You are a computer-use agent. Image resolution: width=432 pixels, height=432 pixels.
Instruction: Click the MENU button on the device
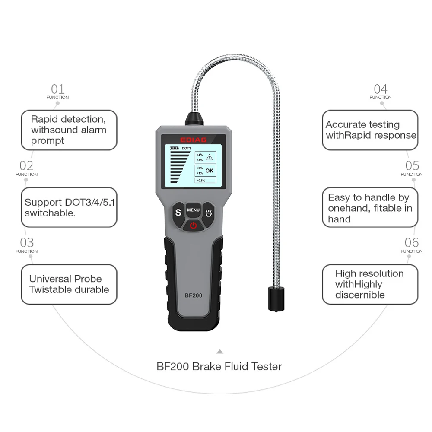[x=193, y=210]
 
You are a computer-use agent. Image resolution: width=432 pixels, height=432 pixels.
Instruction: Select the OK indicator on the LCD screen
[x=209, y=171]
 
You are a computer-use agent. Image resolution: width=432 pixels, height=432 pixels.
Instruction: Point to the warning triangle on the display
[x=210, y=157]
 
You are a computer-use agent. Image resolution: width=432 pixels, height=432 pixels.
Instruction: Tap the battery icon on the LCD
[x=175, y=149]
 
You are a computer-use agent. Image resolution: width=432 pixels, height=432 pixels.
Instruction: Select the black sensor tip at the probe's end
[x=276, y=298]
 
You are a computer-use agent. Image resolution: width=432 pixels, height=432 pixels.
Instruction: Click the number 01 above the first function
[x=57, y=89]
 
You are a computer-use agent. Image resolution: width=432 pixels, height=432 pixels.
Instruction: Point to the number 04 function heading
[x=381, y=89]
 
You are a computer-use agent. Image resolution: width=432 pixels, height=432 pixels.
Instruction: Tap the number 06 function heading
[x=412, y=242]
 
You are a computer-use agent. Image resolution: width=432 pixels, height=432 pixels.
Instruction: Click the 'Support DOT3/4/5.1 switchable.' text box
[x=69, y=207]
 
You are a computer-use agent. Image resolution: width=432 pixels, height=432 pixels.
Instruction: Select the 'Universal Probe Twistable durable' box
[x=69, y=284]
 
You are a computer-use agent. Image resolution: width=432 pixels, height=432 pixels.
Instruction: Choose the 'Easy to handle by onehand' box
[x=370, y=208]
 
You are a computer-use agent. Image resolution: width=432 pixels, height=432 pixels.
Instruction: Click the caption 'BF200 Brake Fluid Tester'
[x=219, y=367]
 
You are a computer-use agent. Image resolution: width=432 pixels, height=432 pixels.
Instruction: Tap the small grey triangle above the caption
[x=220, y=352]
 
